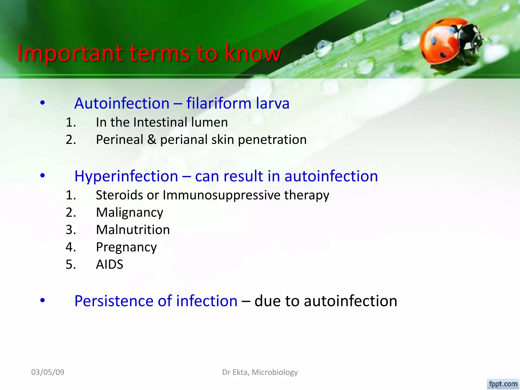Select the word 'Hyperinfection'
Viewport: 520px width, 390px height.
coord(126,176)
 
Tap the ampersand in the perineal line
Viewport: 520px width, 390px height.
coord(152,140)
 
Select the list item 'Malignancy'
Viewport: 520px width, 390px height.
coord(129,213)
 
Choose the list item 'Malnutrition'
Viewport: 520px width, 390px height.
coord(133,230)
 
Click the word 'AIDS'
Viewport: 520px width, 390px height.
coord(109,265)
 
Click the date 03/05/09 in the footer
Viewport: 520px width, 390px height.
coord(48,372)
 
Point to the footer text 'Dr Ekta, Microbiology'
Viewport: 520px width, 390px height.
coord(260,372)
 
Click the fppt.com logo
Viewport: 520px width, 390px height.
coord(503,384)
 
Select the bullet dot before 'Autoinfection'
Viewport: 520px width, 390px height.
coord(42,103)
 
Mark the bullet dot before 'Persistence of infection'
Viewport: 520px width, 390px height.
coord(42,300)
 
